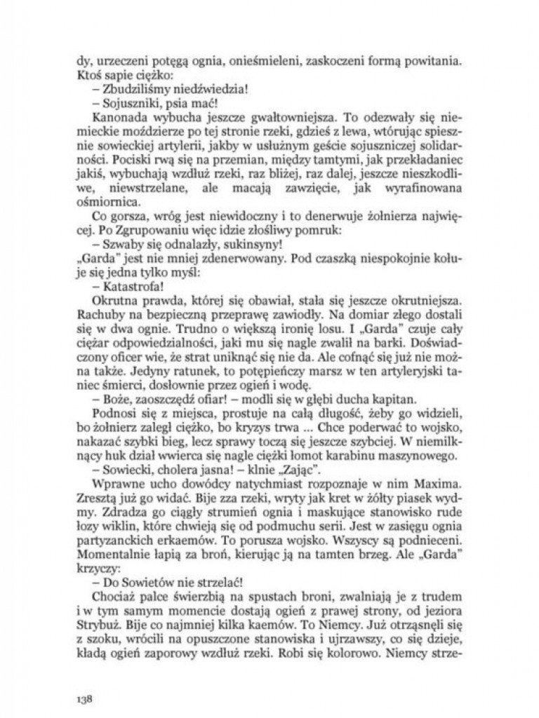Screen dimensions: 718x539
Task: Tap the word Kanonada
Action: pos(114,116)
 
